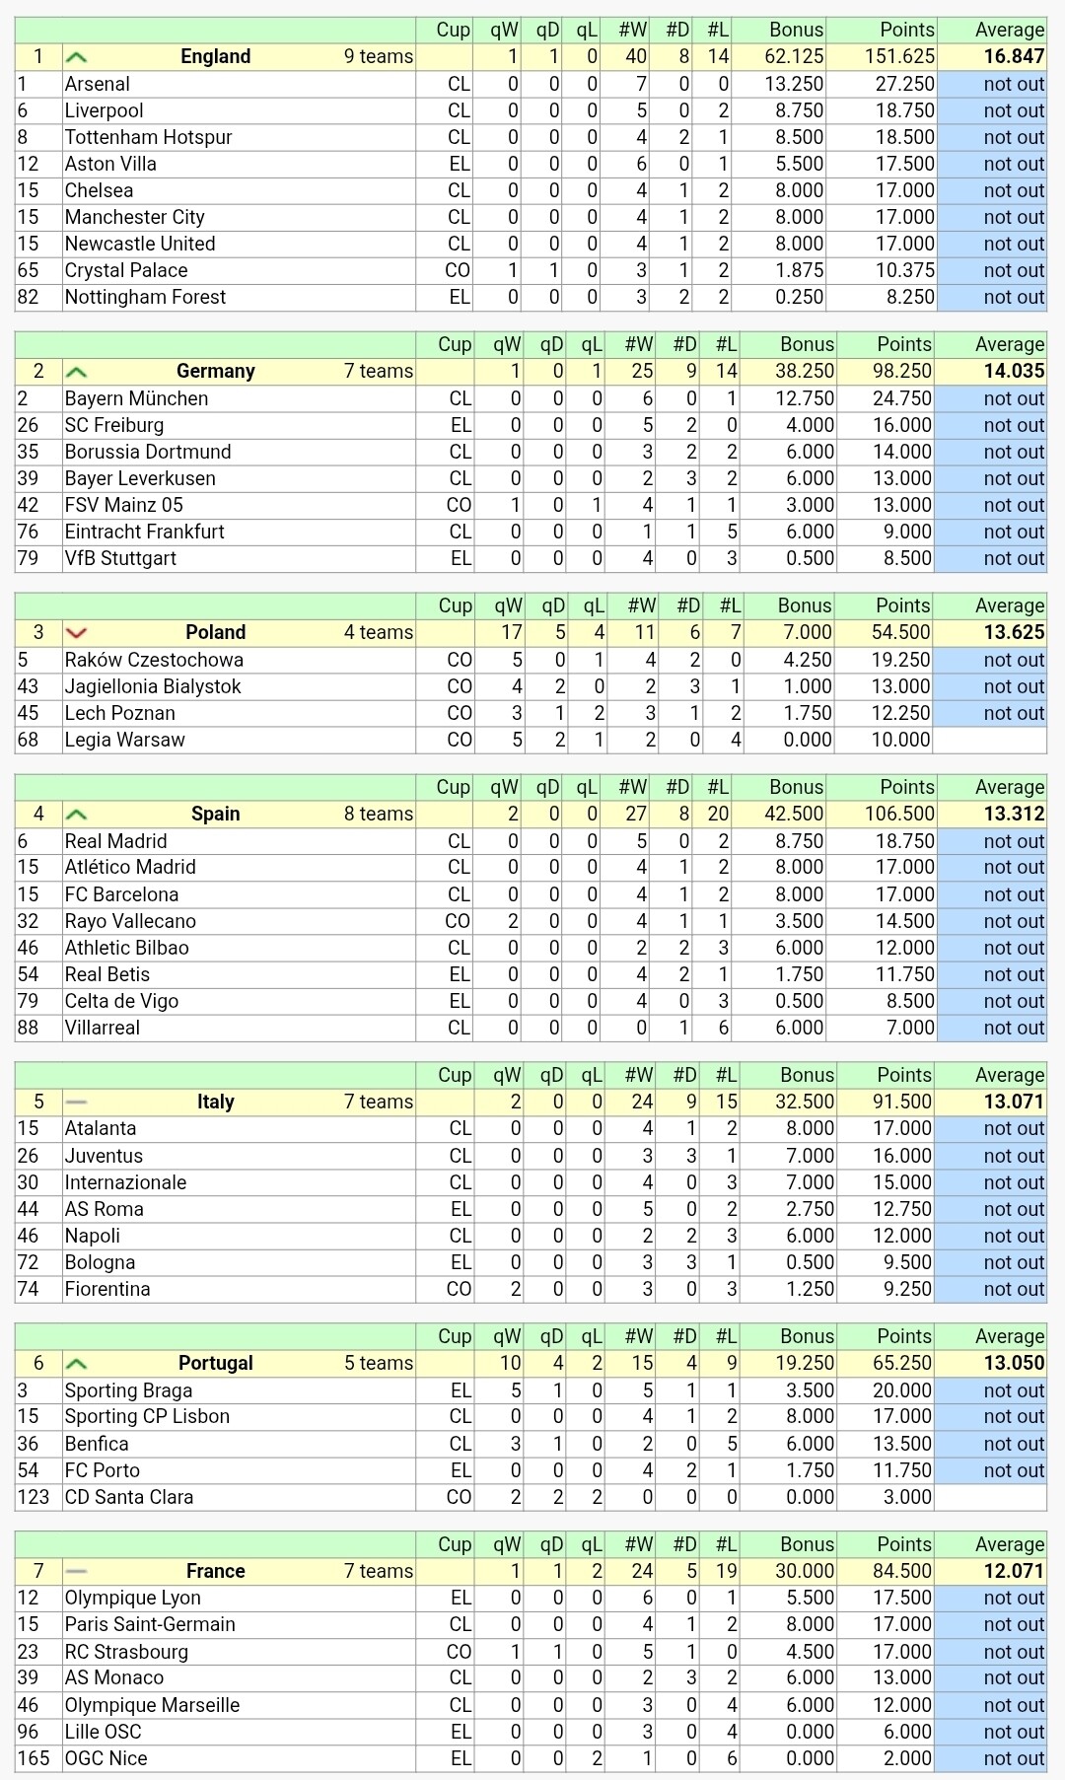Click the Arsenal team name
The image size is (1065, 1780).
point(98,84)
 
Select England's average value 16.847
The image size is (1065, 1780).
point(1013,56)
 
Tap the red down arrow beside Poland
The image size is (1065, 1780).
point(76,632)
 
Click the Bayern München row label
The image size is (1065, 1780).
point(136,398)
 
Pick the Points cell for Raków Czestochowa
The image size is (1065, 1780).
point(900,660)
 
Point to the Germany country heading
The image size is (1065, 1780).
point(215,371)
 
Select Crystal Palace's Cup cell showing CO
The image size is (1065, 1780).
point(458,270)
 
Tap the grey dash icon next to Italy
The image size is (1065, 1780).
point(76,1102)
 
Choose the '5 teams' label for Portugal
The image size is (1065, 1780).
point(379,1363)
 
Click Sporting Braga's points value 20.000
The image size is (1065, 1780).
point(900,1390)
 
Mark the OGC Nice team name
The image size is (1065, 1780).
point(106,1758)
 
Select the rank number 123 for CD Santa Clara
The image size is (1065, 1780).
point(33,1497)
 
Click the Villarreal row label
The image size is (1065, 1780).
point(103,1028)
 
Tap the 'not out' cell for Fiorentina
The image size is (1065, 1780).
point(1013,1289)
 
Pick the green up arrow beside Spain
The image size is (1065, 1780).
point(76,815)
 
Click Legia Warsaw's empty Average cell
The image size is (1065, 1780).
point(991,740)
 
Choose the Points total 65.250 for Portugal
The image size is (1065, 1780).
point(900,1363)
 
